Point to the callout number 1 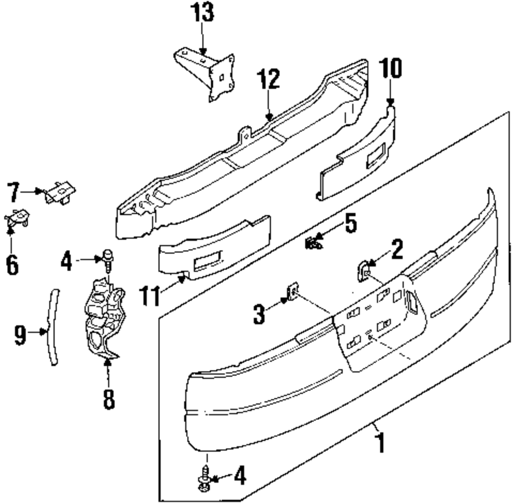coord(381,443)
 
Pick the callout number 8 coord(108,399)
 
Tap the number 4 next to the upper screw coord(67,262)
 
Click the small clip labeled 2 coord(363,270)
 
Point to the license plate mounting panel coord(379,324)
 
